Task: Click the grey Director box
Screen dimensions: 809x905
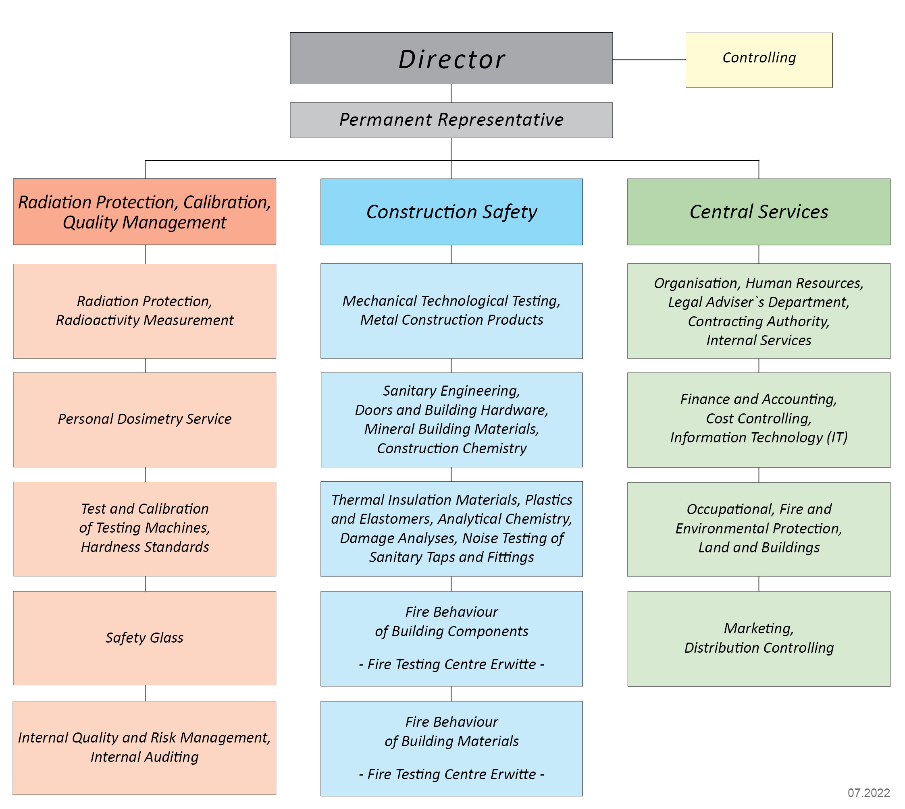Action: point(451,58)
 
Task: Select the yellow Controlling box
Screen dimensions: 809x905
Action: point(759,60)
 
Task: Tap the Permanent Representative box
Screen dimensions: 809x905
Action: point(451,120)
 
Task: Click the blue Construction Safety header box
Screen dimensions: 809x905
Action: point(451,212)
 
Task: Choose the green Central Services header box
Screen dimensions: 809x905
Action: point(758,212)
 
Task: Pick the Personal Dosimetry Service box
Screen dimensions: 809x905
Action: point(145,419)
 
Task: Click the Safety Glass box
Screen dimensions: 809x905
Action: point(145,638)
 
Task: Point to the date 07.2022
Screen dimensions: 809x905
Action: point(868,792)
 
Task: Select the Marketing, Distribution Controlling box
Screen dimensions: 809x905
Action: point(758,638)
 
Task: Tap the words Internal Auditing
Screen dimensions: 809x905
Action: point(145,757)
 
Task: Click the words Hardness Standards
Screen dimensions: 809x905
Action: point(145,547)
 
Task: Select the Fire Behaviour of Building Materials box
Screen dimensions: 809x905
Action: point(451,748)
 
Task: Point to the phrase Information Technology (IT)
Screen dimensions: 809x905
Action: point(758,438)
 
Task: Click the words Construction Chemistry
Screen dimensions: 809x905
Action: point(451,448)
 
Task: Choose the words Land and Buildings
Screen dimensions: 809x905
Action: point(758,547)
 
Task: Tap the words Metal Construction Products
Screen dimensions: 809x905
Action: point(451,319)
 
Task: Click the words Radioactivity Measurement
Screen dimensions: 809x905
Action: point(145,320)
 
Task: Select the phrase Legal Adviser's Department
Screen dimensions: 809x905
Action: point(758,302)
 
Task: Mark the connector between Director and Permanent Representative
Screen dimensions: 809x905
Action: point(451,93)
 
